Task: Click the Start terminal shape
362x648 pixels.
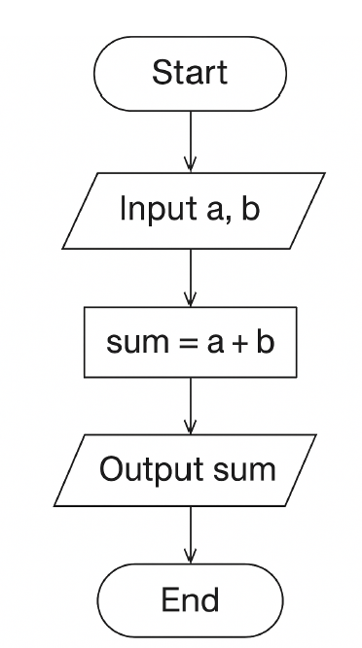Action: [x=190, y=72]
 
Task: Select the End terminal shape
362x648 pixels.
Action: [x=190, y=599]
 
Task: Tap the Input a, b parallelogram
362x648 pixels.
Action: [x=190, y=209]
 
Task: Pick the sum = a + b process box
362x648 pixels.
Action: [x=190, y=342]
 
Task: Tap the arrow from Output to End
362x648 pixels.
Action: [x=190, y=534]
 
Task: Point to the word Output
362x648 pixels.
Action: [x=145, y=470]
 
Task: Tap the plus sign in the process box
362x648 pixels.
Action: [x=235, y=343]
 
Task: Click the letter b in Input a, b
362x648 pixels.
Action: [x=251, y=209]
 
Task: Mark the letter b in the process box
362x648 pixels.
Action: [x=262, y=342]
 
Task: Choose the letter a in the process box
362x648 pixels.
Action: [x=209, y=343]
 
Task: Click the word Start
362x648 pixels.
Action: [x=190, y=72]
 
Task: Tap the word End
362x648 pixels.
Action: [x=190, y=599]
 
